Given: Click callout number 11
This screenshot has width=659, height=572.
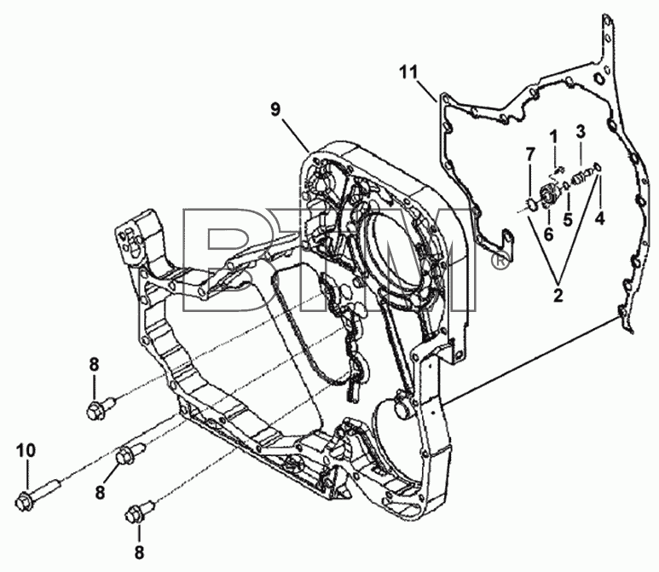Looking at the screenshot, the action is [409, 72].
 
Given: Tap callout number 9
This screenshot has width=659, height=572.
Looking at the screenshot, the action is [275, 110].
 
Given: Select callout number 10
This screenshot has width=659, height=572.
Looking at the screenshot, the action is [26, 451].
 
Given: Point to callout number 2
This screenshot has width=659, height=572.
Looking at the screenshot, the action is [558, 296].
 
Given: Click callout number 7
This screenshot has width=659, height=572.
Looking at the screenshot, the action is [530, 154].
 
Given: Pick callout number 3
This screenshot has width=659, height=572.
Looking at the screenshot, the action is [581, 131].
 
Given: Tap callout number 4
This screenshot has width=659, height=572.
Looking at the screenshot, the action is [599, 218].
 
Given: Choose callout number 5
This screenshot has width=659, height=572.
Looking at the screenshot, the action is [569, 219].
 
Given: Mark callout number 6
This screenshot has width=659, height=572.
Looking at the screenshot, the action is [549, 234].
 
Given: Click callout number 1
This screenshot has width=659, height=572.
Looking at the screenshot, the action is [554, 136].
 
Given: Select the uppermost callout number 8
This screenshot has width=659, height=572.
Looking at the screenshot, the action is [94, 364].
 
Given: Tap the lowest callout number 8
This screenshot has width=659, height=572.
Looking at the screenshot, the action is [139, 552].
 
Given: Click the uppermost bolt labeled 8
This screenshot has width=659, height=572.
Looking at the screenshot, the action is [101, 407].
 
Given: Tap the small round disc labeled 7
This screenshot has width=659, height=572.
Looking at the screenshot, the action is [532, 205].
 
